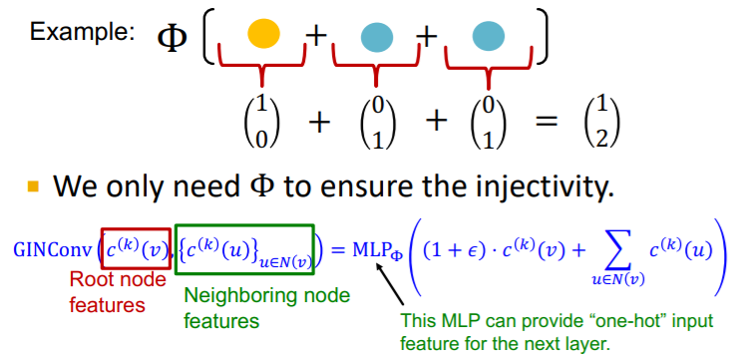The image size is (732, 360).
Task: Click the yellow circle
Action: pos(263,35)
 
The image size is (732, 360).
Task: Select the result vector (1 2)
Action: pos(596,122)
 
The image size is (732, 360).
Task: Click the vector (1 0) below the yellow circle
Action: pos(262,122)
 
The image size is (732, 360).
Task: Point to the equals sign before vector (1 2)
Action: pos(537,122)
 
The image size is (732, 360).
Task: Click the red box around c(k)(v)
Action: pos(135,248)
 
